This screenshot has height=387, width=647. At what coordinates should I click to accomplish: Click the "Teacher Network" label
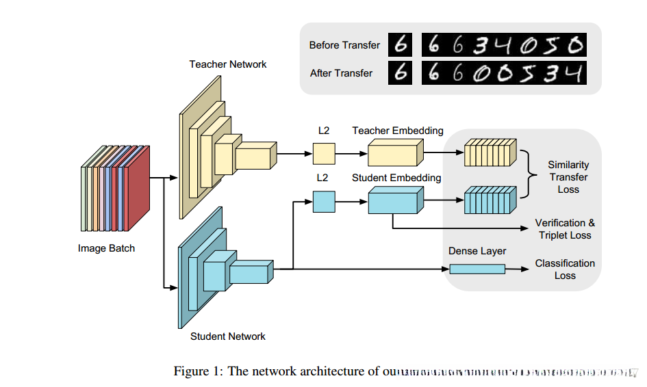coord(228,64)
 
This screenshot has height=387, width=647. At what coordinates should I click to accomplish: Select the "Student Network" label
coord(228,336)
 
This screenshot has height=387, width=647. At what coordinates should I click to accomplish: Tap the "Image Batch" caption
coord(107,248)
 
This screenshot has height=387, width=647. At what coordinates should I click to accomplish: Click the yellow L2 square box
coord(324,153)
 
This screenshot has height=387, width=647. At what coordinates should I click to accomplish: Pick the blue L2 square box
coord(324,201)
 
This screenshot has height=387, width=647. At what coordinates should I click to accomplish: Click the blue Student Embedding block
coord(396,200)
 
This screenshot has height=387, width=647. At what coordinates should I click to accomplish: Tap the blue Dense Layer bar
coord(477,269)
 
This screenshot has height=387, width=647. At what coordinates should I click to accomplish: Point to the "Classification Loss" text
coord(565,269)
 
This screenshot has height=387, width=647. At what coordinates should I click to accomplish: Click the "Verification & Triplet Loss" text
coord(565,229)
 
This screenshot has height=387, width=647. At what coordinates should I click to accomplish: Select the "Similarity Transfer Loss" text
coord(568,177)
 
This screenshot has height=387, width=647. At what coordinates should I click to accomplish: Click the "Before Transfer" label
coord(344,45)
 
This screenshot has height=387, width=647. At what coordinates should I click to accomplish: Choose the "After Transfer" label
coord(341,72)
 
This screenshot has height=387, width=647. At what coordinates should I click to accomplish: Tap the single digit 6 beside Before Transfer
coord(402,45)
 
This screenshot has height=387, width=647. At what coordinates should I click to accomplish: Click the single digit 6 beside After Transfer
coord(402,72)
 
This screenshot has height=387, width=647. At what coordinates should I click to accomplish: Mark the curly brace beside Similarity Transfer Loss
coord(531,176)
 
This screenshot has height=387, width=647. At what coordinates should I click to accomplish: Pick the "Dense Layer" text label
coord(477,251)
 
